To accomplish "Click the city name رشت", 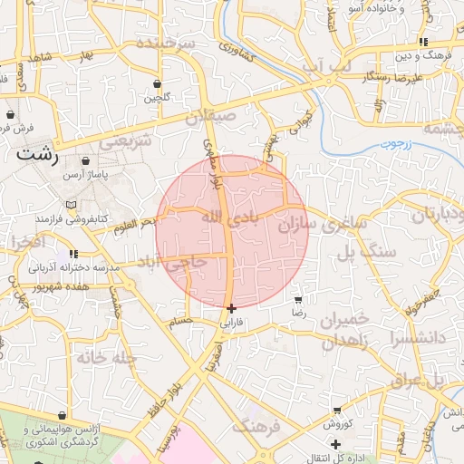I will (36, 155).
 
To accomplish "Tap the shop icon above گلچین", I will (158, 83).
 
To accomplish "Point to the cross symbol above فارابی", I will (233, 308).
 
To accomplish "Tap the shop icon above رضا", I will (299, 299).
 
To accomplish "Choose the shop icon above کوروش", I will (337, 411).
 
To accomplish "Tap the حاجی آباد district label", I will (171, 262).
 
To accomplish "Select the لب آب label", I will (324, 63).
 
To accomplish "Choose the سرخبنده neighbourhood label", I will (166, 43).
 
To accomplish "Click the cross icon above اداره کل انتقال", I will (335, 443).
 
